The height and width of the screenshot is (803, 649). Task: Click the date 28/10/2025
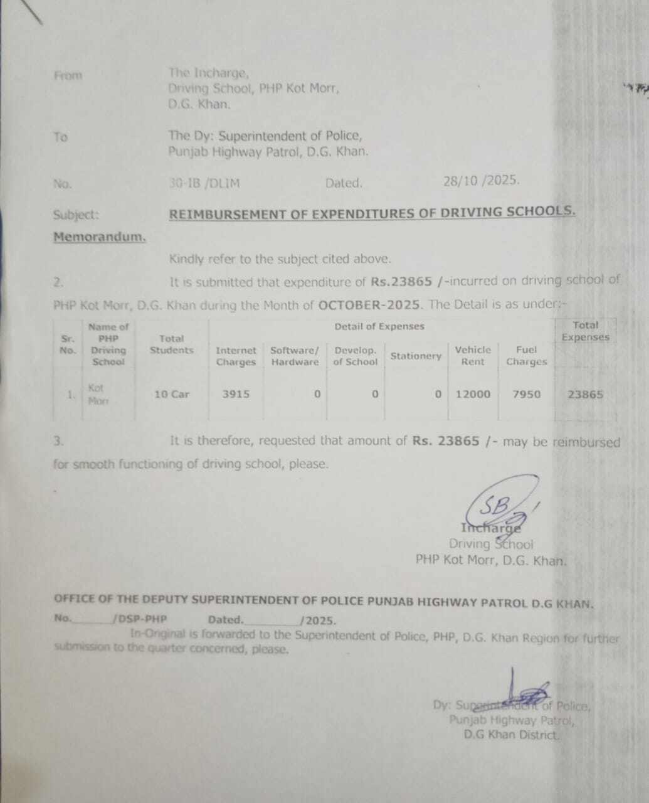click(x=481, y=181)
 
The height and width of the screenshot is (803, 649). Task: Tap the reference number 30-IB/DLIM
click(x=204, y=184)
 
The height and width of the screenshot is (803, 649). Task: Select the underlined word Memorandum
click(x=99, y=237)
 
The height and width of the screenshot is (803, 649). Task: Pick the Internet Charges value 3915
click(x=236, y=394)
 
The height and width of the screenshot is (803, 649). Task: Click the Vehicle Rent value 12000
click(x=473, y=394)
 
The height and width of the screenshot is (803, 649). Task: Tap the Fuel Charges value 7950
click(x=526, y=394)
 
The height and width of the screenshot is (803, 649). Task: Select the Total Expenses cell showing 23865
click(x=585, y=394)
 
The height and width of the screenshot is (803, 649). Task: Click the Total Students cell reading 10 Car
click(x=171, y=394)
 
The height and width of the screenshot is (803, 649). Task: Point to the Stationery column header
click(x=416, y=356)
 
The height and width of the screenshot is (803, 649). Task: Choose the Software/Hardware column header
click(x=295, y=356)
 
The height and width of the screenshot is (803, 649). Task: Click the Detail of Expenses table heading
click(x=379, y=326)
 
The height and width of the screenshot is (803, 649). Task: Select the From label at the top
click(x=68, y=76)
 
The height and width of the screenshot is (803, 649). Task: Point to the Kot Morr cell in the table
click(x=98, y=395)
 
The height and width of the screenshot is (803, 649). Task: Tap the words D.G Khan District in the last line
click(x=511, y=735)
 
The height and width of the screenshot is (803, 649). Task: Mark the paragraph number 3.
click(x=58, y=441)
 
